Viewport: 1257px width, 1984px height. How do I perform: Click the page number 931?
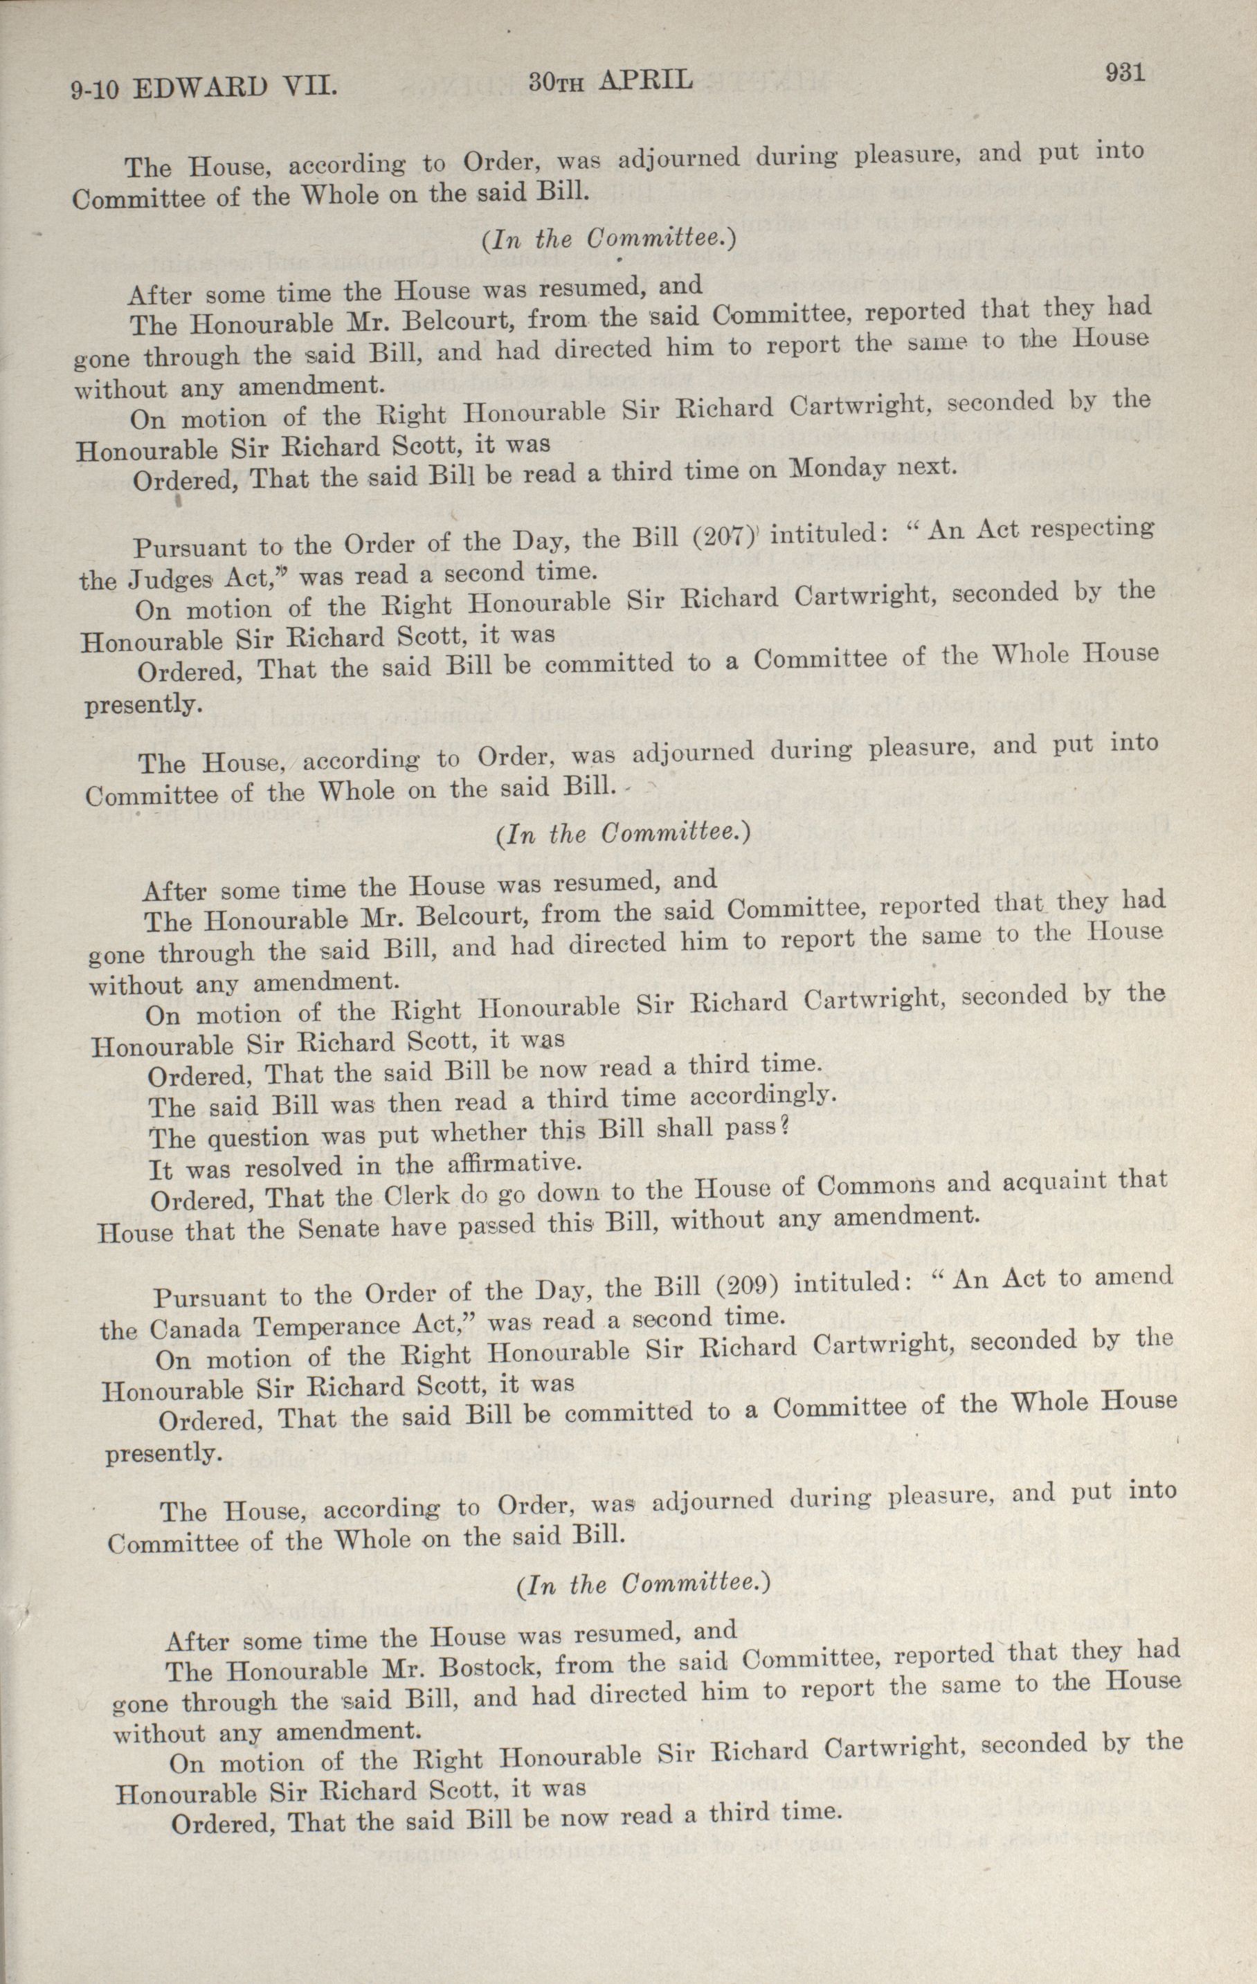pyautogui.click(x=1124, y=72)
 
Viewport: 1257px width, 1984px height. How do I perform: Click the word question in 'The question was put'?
pyautogui.click(x=251, y=1138)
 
